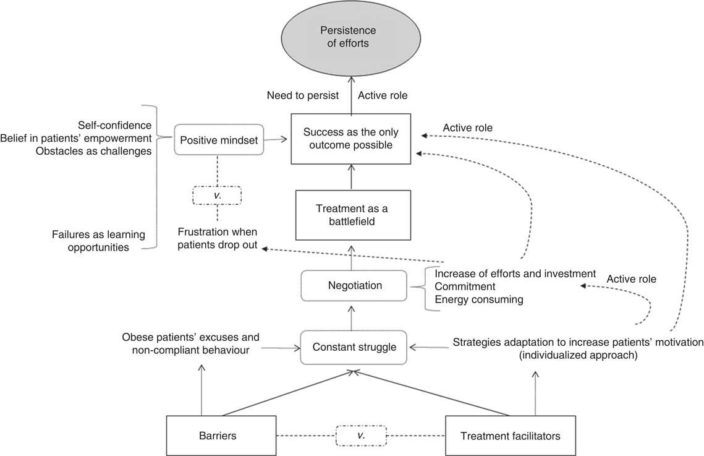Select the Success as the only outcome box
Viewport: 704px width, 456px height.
(351, 139)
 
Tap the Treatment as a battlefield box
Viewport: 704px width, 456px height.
(351, 215)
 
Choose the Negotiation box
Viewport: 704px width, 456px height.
(354, 285)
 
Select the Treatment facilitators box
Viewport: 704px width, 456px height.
(511, 435)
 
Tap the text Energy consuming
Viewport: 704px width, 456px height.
(479, 299)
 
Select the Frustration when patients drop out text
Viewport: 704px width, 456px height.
(217, 239)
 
